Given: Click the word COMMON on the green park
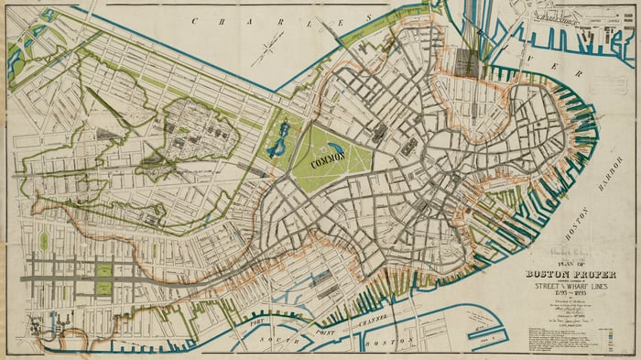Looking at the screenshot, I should (331, 163).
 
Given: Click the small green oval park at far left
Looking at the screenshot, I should (44, 241).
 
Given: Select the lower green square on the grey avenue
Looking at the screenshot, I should (103, 289).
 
